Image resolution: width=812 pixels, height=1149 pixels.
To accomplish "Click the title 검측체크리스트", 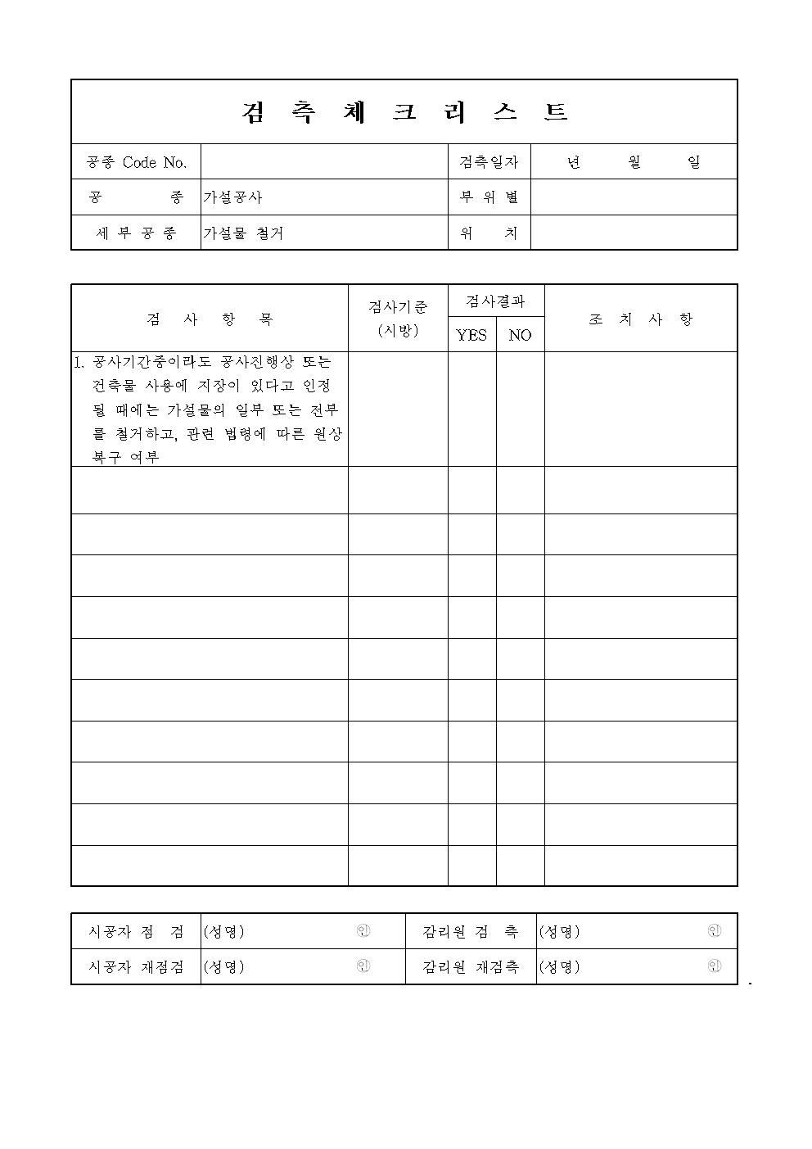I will click(404, 112).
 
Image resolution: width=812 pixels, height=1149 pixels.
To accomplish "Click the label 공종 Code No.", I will click(137, 162).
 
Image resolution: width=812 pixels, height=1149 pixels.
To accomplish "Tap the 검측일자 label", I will click(489, 162).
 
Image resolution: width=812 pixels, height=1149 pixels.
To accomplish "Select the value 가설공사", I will click(233, 197).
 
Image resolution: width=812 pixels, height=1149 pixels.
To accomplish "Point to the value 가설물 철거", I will click(243, 233).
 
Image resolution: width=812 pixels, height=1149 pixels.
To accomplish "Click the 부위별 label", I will click(489, 197).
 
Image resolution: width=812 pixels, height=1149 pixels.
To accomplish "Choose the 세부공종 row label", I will click(137, 233).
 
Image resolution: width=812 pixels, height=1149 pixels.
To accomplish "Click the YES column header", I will click(471, 335).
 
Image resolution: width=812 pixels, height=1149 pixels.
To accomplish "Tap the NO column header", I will click(520, 335).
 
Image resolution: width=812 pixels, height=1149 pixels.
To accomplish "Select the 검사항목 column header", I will click(210, 319).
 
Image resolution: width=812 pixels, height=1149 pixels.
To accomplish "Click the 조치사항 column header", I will click(640, 319).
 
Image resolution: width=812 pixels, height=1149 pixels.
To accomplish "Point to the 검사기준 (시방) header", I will click(398, 319).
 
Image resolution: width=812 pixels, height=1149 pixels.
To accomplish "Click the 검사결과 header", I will click(495, 301).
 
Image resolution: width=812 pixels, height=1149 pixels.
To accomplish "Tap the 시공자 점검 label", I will click(137, 931).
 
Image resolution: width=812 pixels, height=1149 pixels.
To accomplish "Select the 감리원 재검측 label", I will click(471, 966).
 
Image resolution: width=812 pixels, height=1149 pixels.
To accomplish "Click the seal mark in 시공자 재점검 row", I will click(363, 966).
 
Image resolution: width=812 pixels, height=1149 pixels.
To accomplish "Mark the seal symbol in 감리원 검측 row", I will click(715, 931).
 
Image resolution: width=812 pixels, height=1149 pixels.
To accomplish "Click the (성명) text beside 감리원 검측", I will click(559, 931).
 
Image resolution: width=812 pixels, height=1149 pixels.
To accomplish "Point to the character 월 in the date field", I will click(634, 162).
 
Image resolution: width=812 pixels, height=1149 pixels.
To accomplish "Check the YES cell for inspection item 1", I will click(471, 409).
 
